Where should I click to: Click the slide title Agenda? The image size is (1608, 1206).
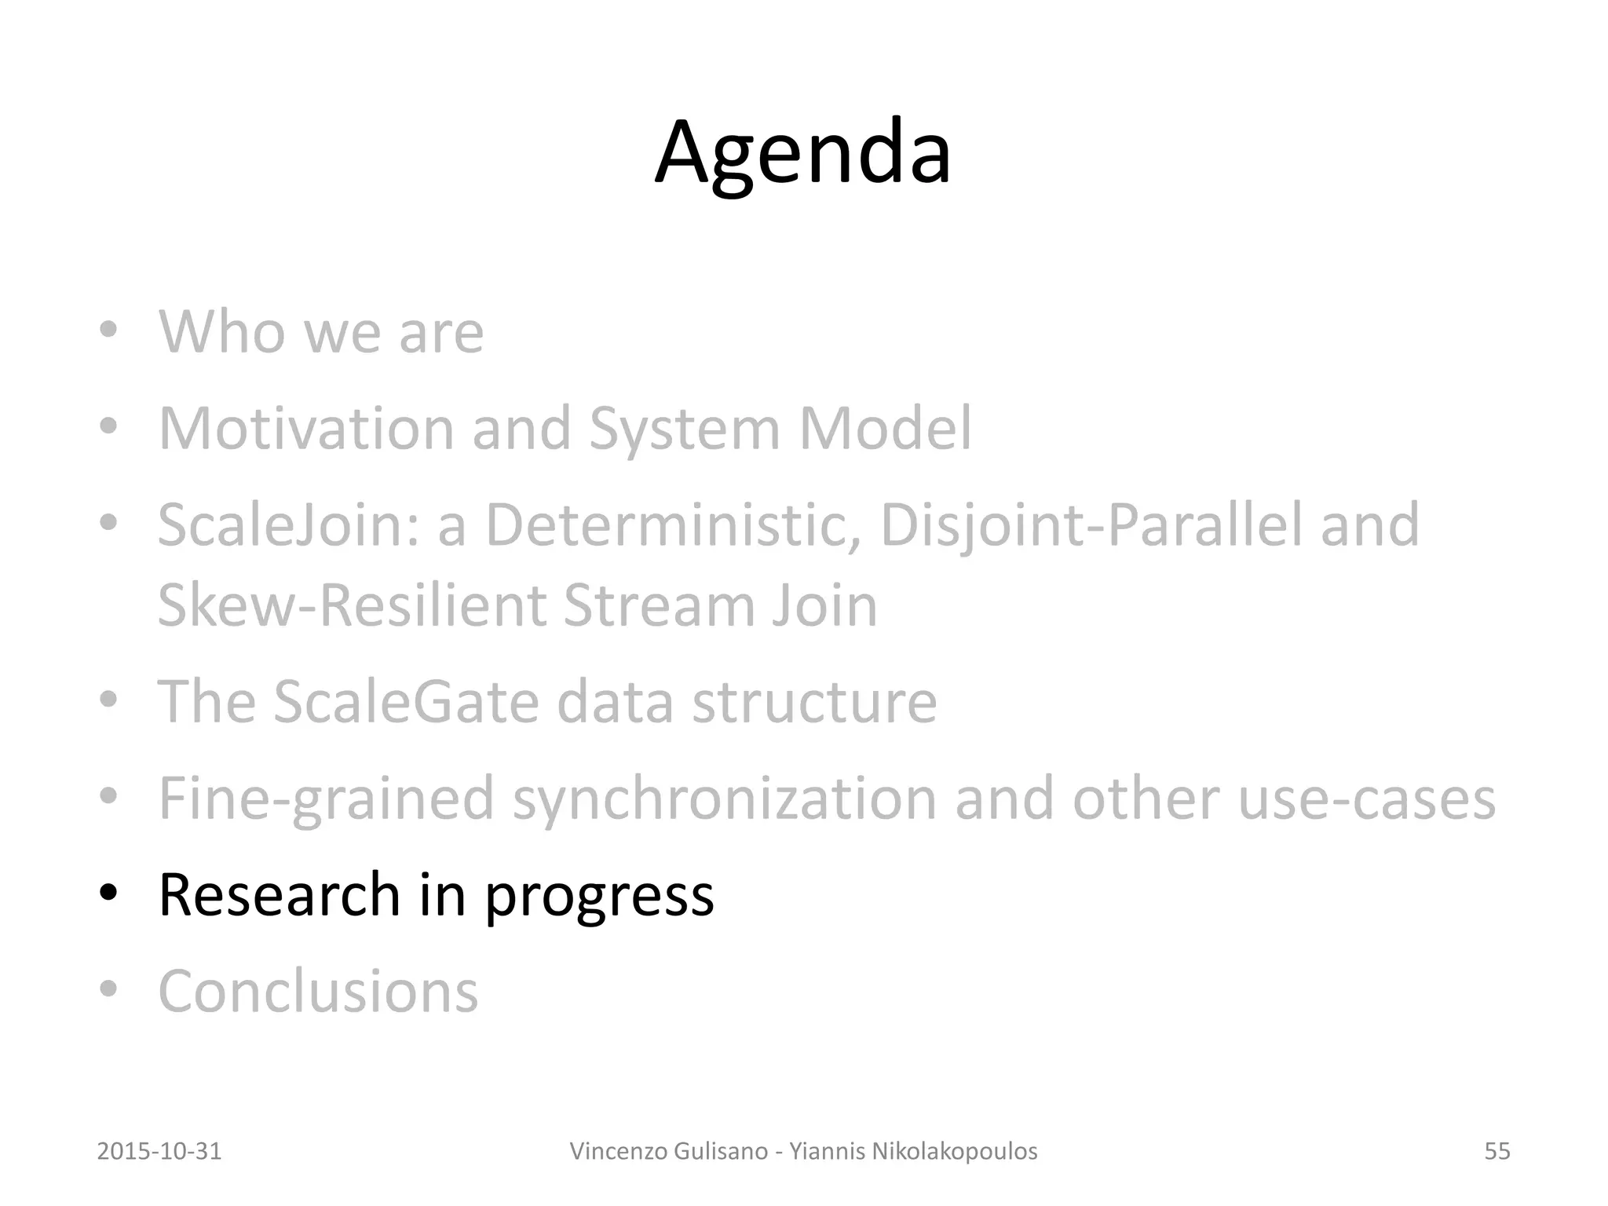[802, 153]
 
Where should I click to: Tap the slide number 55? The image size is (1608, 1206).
[1497, 1151]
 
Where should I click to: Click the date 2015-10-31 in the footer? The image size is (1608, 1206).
[159, 1151]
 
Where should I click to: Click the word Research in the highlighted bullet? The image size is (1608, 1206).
[280, 894]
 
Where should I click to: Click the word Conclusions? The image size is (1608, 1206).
[318, 991]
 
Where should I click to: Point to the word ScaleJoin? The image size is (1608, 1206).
[288, 525]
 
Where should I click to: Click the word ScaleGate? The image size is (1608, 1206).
[406, 701]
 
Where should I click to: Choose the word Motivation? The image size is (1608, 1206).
[306, 429]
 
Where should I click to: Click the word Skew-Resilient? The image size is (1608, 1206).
[351, 605]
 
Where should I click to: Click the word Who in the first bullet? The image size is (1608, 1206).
[221, 332]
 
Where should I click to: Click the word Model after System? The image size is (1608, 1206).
[885, 429]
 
